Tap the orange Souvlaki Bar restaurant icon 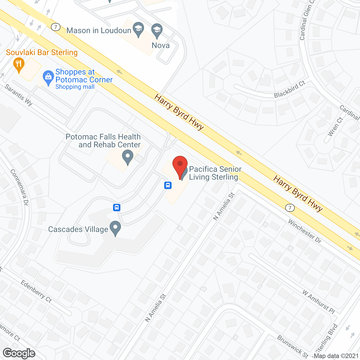click(x=19, y=65)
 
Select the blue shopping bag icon click(x=48, y=77)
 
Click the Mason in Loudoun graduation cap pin click(x=138, y=29)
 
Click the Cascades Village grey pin click(x=115, y=228)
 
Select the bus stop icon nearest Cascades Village click(x=117, y=208)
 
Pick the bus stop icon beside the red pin click(x=168, y=185)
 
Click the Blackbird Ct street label click(x=290, y=89)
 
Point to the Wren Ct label click(x=335, y=127)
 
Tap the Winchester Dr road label click(x=305, y=231)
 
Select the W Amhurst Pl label click(x=319, y=302)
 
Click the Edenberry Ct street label click(x=36, y=291)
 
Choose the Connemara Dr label click(x=19, y=187)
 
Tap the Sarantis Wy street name click(x=19, y=95)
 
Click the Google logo click(x=19, y=353)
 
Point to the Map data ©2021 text click(x=336, y=356)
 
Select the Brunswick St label click(x=292, y=346)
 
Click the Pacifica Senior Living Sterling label click(x=215, y=173)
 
